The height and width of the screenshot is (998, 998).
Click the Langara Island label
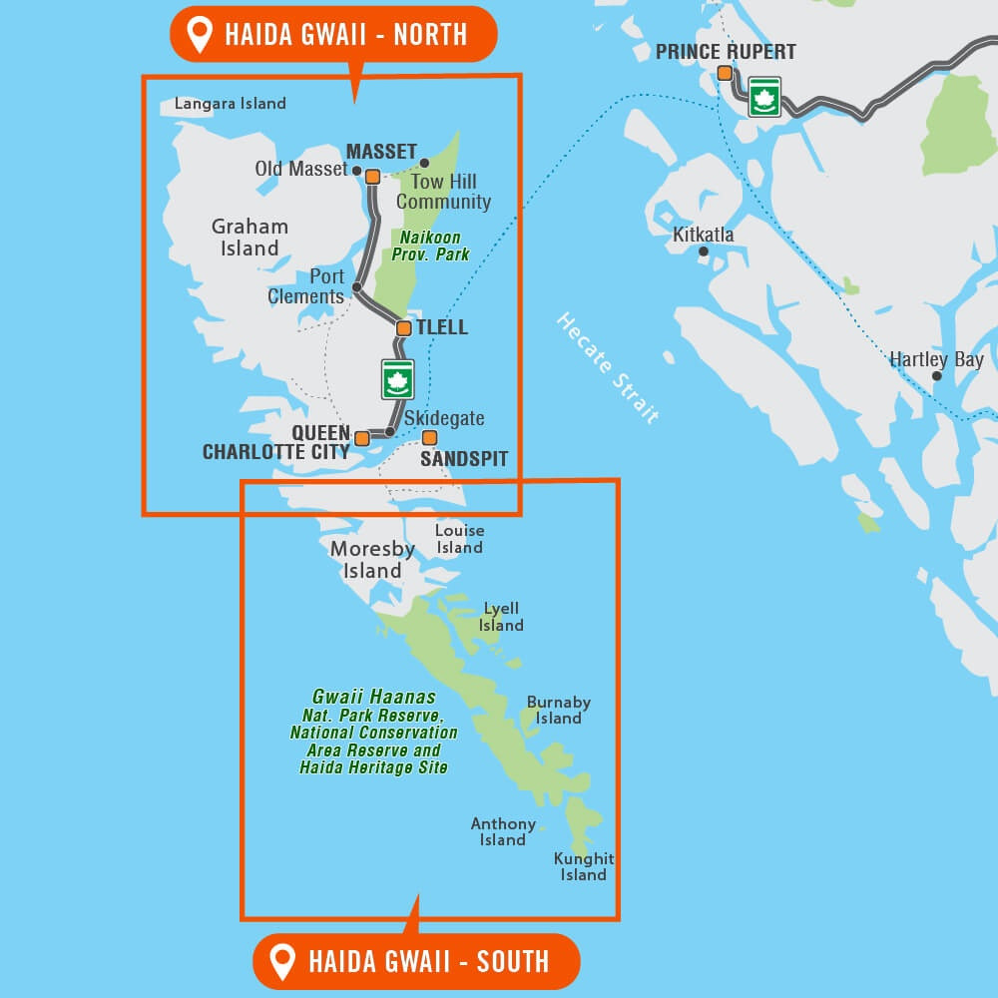point(231,104)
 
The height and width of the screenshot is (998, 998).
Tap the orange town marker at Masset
point(372,177)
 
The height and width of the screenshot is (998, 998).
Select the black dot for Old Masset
point(357,171)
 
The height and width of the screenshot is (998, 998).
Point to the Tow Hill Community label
point(444,192)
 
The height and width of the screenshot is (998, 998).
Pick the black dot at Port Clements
point(356,287)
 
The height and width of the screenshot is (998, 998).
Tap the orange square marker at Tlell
point(403,328)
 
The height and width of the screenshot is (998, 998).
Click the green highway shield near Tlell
point(397,379)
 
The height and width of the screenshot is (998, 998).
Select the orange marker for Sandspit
point(429,437)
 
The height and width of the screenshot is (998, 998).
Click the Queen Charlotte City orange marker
point(361,437)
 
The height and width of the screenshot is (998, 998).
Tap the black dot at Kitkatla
point(704,251)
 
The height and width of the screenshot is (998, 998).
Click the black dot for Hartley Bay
point(936,376)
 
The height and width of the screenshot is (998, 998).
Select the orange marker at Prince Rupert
point(725,73)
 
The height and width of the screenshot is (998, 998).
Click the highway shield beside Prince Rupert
point(765,98)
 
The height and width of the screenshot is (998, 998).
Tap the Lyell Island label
point(501,617)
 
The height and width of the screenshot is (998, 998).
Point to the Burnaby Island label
point(558,711)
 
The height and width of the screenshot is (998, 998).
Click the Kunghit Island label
point(584,866)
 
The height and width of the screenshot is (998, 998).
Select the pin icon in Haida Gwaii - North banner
point(201,35)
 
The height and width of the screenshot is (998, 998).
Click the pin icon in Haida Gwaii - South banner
point(284,962)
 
